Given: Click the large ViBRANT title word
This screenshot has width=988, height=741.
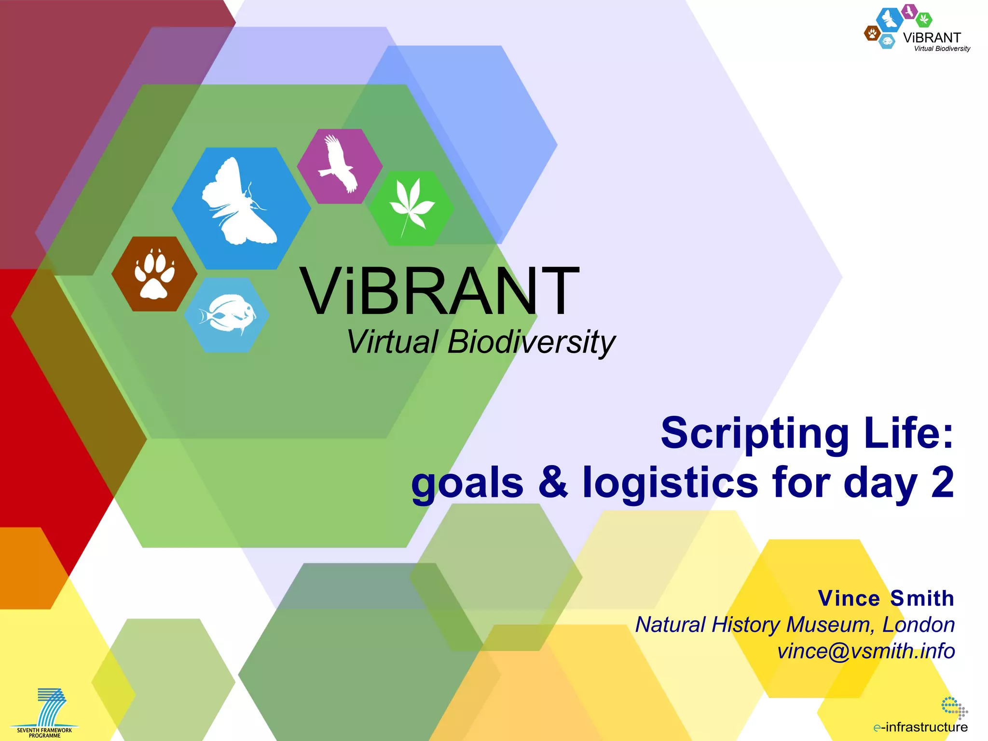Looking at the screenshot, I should click(439, 292).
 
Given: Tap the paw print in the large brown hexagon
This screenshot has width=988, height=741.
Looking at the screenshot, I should click(154, 274).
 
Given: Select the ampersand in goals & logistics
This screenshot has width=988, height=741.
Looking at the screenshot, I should click(553, 482).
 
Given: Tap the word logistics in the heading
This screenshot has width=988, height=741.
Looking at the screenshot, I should click(671, 482).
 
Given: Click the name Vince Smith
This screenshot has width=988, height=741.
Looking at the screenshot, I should click(886, 598).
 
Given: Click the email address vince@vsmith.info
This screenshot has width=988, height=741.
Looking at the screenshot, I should click(866, 651).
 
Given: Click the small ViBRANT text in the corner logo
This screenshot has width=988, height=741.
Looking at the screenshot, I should click(932, 38).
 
